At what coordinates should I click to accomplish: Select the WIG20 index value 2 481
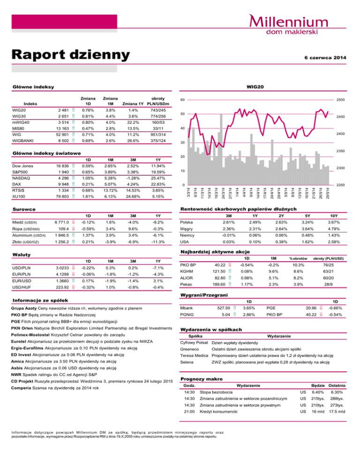tap(63, 110)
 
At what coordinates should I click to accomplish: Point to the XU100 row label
tap(17, 197)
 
